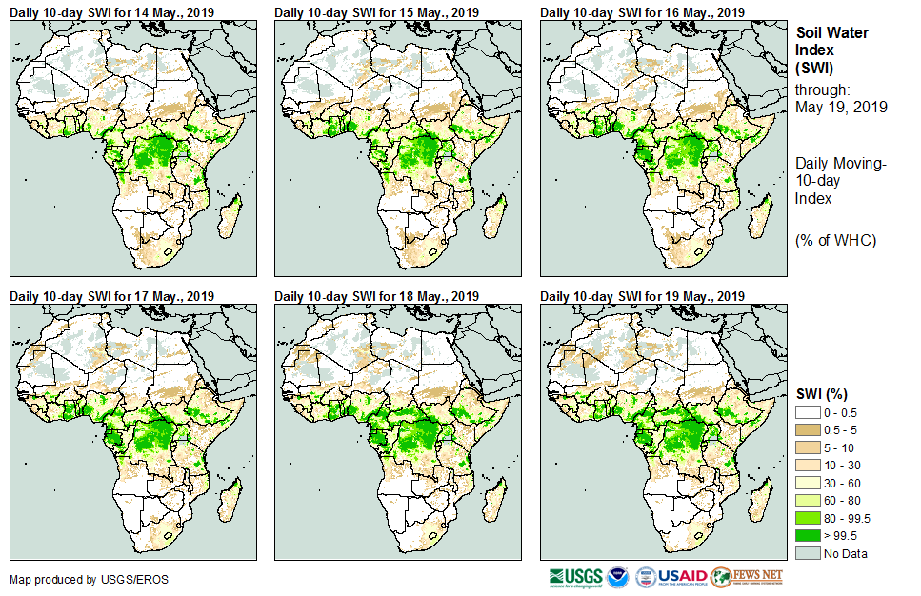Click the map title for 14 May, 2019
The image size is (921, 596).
[111, 12]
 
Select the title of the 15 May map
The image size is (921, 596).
[377, 12]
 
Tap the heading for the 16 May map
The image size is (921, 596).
[643, 12]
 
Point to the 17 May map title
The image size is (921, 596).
[111, 296]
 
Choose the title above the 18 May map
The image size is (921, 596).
[377, 296]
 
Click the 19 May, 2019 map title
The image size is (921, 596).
[643, 296]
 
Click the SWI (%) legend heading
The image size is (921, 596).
[822, 394]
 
